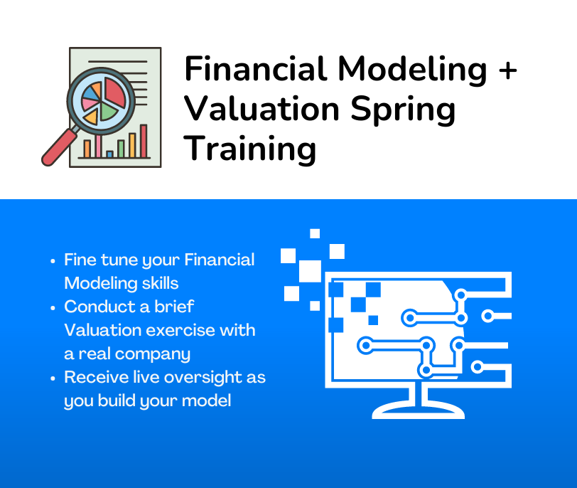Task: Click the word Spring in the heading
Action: coord(403,110)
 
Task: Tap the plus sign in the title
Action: coord(508,70)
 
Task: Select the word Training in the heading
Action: coord(250,149)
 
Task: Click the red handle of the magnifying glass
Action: coord(59,147)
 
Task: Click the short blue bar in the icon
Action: coord(109,154)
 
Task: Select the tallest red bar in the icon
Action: coord(144,141)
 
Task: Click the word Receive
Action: coord(97,377)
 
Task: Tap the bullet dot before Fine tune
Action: coord(53,261)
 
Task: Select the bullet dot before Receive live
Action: coord(53,378)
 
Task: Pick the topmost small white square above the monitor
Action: coord(315,233)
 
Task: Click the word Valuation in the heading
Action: coord(261,109)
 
